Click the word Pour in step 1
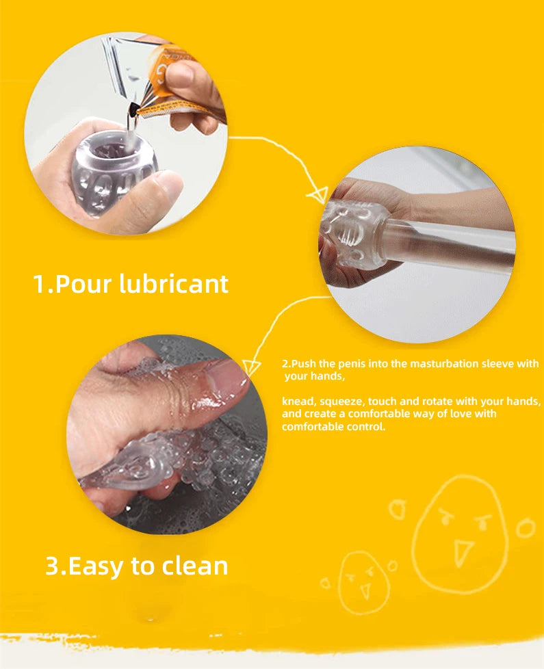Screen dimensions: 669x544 tap(83, 284)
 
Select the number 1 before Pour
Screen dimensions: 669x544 tap(40, 284)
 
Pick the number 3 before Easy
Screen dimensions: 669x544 tap(52, 566)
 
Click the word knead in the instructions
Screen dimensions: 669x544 tap(295, 402)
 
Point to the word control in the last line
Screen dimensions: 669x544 tap(366, 427)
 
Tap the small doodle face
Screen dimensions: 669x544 tap(363, 581)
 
